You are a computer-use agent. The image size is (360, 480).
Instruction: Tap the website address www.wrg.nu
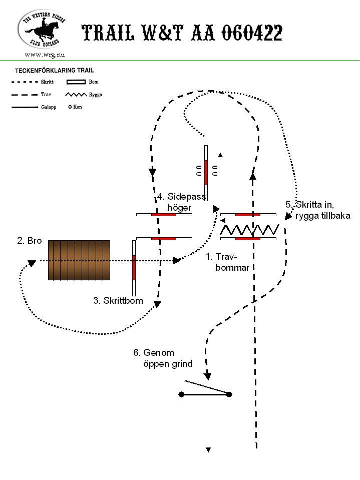pyautogui.click(x=45, y=55)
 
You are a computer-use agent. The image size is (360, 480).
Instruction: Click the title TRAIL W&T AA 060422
pyautogui.click(x=182, y=33)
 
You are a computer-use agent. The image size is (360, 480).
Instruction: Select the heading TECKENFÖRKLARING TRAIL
pyautogui.click(x=54, y=71)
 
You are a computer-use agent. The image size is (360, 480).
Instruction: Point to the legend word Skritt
pyautogui.click(x=47, y=82)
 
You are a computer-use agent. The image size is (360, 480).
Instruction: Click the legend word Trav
pyautogui.click(x=46, y=94)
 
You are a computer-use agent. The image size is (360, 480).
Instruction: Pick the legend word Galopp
pyautogui.click(x=49, y=107)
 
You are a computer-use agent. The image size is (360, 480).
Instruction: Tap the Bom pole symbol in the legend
pyautogui.click(x=76, y=82)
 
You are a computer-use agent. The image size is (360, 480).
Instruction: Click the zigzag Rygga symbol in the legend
pyautogui.click(x=76, y=95)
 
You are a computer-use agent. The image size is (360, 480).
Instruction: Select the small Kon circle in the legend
pyautogui.click(x=70, y=107)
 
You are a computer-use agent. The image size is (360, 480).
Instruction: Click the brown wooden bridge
pyautogui.click(x=79, y=260)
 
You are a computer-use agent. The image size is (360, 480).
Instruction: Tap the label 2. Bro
pyautogui.click(x=30, y=241)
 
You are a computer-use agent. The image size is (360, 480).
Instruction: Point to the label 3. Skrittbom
pyautogui.click(x=118, y=301)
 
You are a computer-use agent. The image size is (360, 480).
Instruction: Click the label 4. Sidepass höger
pyautogui.click(x=181, y=202)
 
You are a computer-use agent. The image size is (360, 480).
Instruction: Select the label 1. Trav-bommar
pyautogui.click(x=227, y=262)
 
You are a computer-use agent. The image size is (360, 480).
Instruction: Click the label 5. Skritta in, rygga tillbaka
pyautogui.click(x=318, y=210)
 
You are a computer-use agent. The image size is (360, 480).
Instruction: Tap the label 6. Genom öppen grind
pyautogui.click(x=163, y=358)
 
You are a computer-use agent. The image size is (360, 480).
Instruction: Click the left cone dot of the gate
pyautogui.click(x=182, y=394)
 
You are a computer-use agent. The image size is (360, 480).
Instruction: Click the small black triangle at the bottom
pyautogui.click(x=208, y=449)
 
